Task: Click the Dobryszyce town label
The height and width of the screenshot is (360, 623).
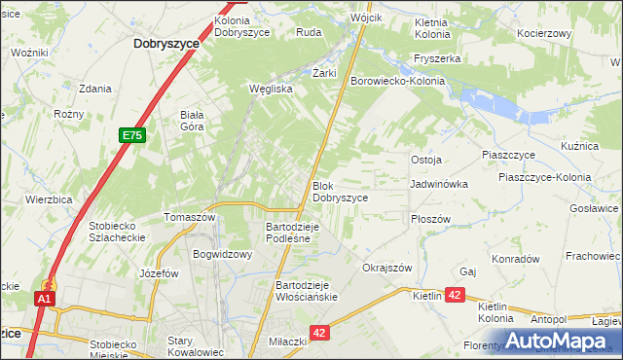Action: [166, 44]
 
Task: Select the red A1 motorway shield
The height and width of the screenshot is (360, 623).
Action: [44, 300]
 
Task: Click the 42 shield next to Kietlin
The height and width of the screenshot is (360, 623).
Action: [457, 295]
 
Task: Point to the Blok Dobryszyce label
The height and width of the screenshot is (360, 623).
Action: [340, 192]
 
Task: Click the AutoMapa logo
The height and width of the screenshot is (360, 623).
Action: [560, 341]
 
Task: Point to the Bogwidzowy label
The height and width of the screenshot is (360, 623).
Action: [223, 255]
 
